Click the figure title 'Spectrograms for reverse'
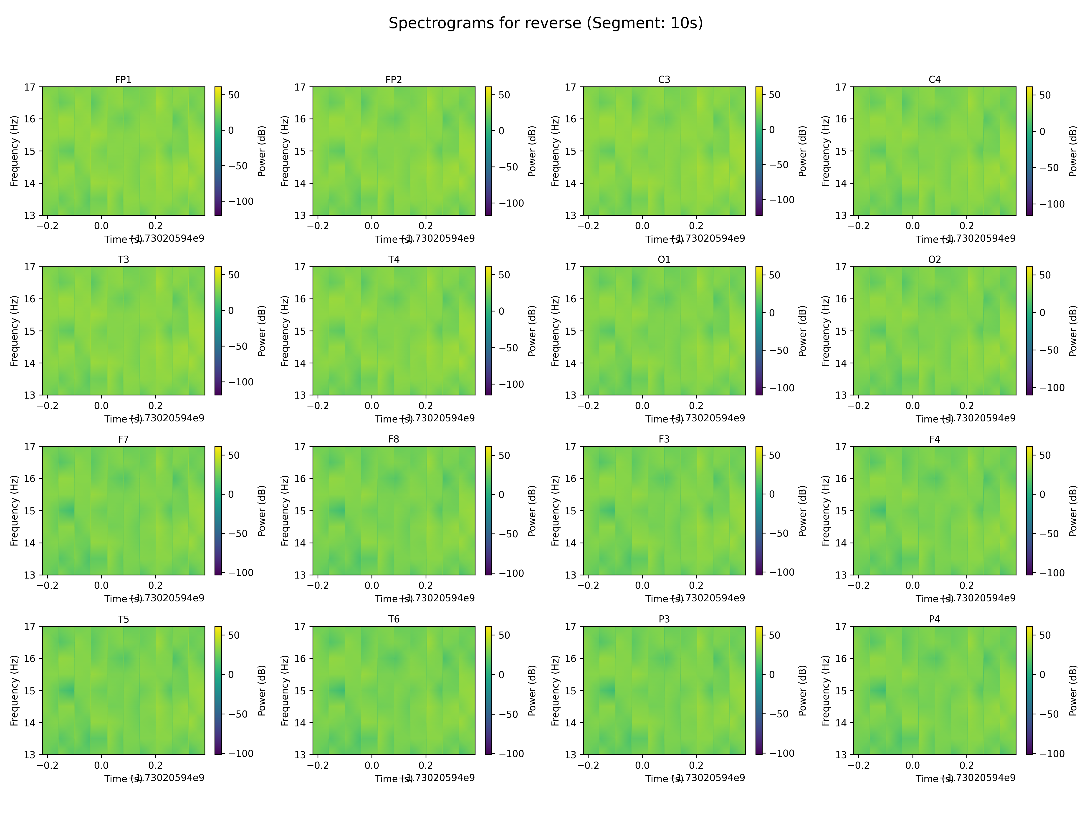tap(546, 23)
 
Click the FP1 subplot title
tap(123, 79)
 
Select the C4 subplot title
tap(935, 79)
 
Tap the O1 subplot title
tap(664, 259)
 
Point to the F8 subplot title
tap(393, 439)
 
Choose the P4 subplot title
tap(935, 619)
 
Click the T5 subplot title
tap(123, 619)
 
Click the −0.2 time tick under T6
tap(317, 765)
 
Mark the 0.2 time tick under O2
tap(967, 406)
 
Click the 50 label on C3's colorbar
tap(775, 95)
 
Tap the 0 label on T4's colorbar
tap(501, 311)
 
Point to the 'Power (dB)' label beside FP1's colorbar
tap(262, 151)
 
